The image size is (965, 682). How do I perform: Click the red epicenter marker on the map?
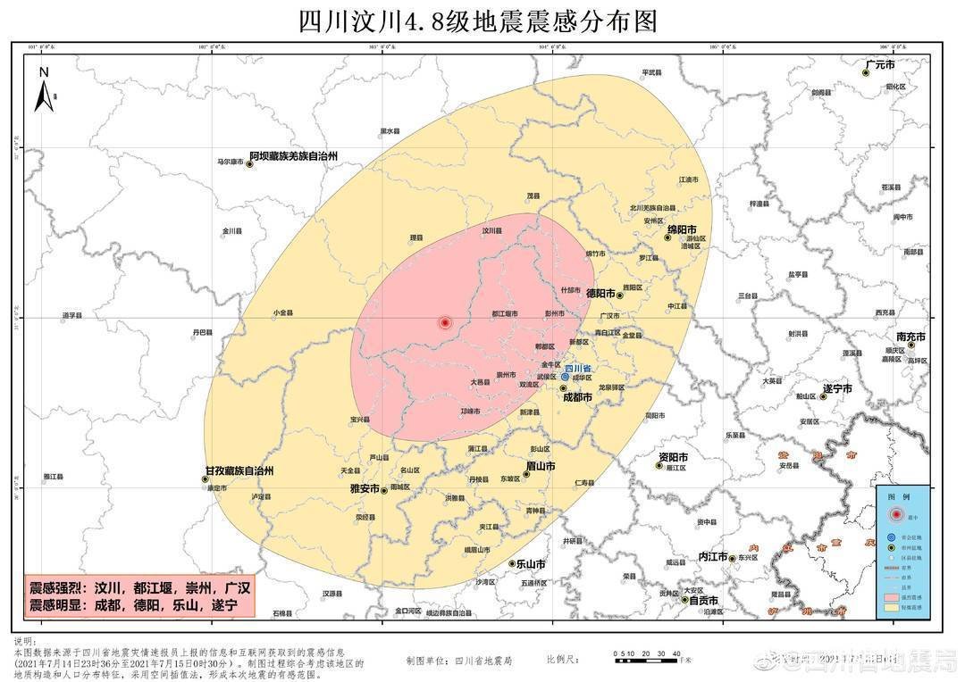click(x=445, y=322)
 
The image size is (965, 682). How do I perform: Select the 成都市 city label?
click(x=577, y=398)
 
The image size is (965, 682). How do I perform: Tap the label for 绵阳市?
click(x=684, y=229)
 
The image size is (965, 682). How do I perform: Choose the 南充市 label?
click(x=910, y=337)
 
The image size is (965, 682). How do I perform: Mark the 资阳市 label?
click(x=674, y=457)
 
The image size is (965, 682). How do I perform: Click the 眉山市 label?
click(x=541, y=466)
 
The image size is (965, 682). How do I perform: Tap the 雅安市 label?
click(x=365, y=489)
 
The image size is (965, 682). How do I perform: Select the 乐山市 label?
click(x=531, y=564)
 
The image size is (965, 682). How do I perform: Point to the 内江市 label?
click(x=713, y=555)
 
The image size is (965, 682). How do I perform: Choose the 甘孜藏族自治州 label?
click(x=239, y=470)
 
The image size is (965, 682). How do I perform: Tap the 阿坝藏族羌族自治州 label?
click(x=293, y=155)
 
